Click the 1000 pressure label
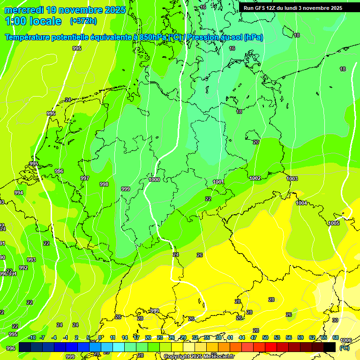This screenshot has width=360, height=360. click(154, 180)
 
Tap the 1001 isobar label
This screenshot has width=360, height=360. click(218, 182)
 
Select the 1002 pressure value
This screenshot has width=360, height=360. click(255, 178)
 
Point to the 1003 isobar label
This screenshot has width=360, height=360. click(292, 179)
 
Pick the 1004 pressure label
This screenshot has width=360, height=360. click(301, 203)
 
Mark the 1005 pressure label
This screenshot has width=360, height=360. click(334, 223)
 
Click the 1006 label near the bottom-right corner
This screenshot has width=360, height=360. click(346, 340)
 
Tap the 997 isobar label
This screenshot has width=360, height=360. click(85, 178)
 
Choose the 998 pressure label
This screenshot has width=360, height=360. click(104, 184)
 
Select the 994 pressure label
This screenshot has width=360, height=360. click(19, 193)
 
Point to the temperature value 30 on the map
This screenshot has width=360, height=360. click(335, 320)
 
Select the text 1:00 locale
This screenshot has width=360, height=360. click(33, 21)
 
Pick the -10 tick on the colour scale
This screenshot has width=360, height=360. click(32, 337)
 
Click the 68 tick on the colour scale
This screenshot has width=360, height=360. click(336, 337)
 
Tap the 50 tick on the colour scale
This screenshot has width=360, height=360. click(265, 337)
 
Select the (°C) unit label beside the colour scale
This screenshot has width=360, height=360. click(345, 348)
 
